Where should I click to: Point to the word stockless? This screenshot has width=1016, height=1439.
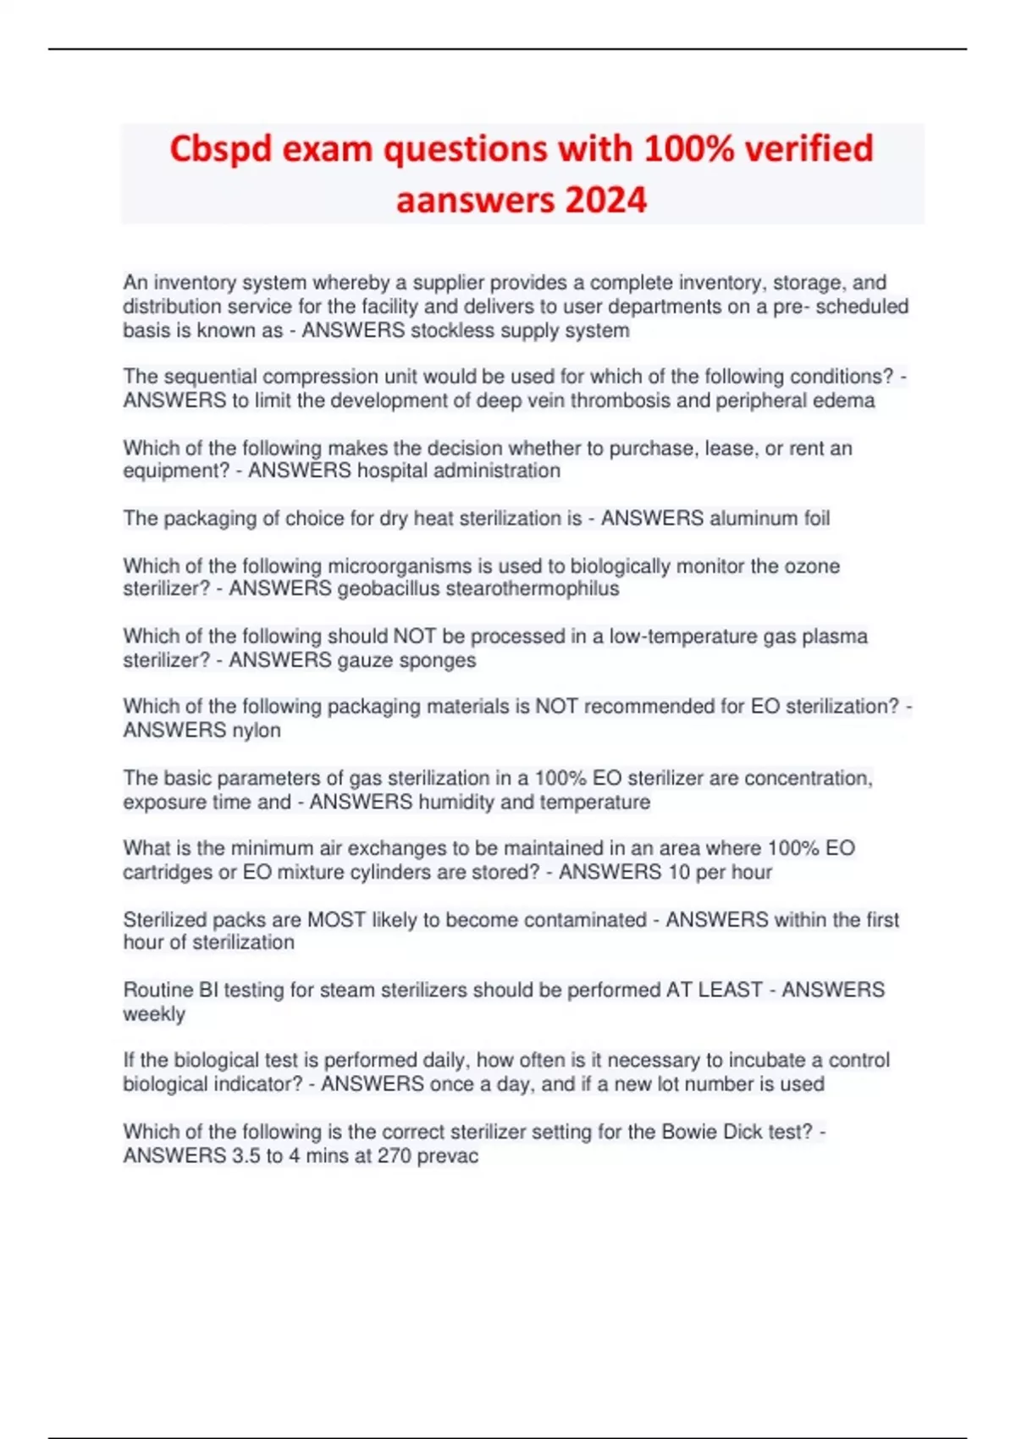click(451, 330)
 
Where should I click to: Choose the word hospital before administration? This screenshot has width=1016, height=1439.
click(394, 471)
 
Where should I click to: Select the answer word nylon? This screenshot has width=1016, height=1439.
click(257, 731)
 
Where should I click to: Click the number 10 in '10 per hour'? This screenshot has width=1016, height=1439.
click(678, 872)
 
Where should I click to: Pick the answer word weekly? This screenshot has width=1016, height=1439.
click(154, 1014)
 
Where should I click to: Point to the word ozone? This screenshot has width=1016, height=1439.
click(810, 565)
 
